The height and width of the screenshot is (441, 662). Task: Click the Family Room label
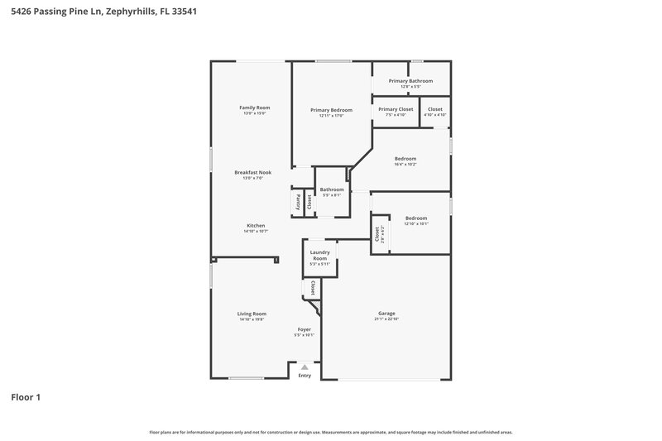point(255,108)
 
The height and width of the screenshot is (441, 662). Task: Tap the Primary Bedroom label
point(331,110)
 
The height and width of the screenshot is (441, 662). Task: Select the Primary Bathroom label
point(410,81)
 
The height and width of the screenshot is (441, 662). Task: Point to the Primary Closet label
point(396,109)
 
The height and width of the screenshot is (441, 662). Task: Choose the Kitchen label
point(255,226)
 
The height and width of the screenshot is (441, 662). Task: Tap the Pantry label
point(298,201)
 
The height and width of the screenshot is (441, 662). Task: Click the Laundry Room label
point(319,255)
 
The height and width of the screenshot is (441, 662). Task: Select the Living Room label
point(252,314)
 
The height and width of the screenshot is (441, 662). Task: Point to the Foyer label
point(305,329)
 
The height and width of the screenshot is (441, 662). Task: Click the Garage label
point(386,314)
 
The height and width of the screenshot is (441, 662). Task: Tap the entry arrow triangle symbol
point(305,367)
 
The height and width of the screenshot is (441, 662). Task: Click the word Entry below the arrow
point(305,376)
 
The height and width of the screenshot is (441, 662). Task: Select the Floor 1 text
point(25,398)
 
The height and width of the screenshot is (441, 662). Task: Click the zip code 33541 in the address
point(184,12)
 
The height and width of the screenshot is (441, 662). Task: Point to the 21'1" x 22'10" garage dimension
point(386,319)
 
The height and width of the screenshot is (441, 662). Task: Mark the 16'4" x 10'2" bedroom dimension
point(405,164)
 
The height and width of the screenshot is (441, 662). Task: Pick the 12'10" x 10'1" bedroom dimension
point(415,223)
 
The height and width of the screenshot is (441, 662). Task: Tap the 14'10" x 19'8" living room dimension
point(252,319)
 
